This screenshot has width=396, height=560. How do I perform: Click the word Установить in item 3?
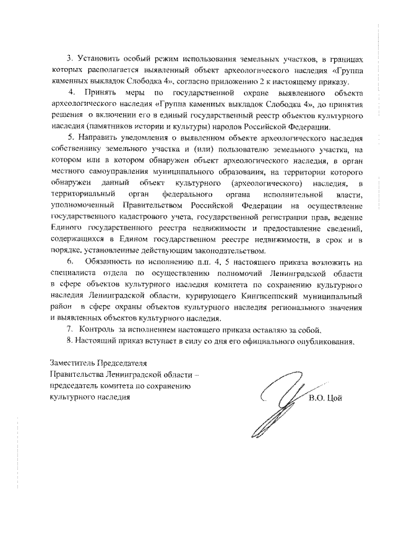(x=97, y=59)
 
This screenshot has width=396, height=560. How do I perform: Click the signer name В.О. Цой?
(x=325, y=397)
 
